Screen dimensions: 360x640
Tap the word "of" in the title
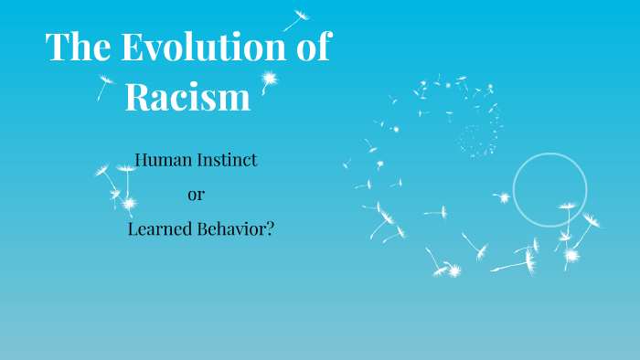311,48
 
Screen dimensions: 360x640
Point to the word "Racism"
187,97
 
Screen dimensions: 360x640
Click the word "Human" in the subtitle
163,161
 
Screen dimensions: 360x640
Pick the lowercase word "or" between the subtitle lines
196,195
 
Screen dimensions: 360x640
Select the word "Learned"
159,228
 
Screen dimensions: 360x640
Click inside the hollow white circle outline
549,189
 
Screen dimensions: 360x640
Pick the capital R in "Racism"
137,97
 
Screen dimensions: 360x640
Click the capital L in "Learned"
133,228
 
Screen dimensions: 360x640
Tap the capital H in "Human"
142,161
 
